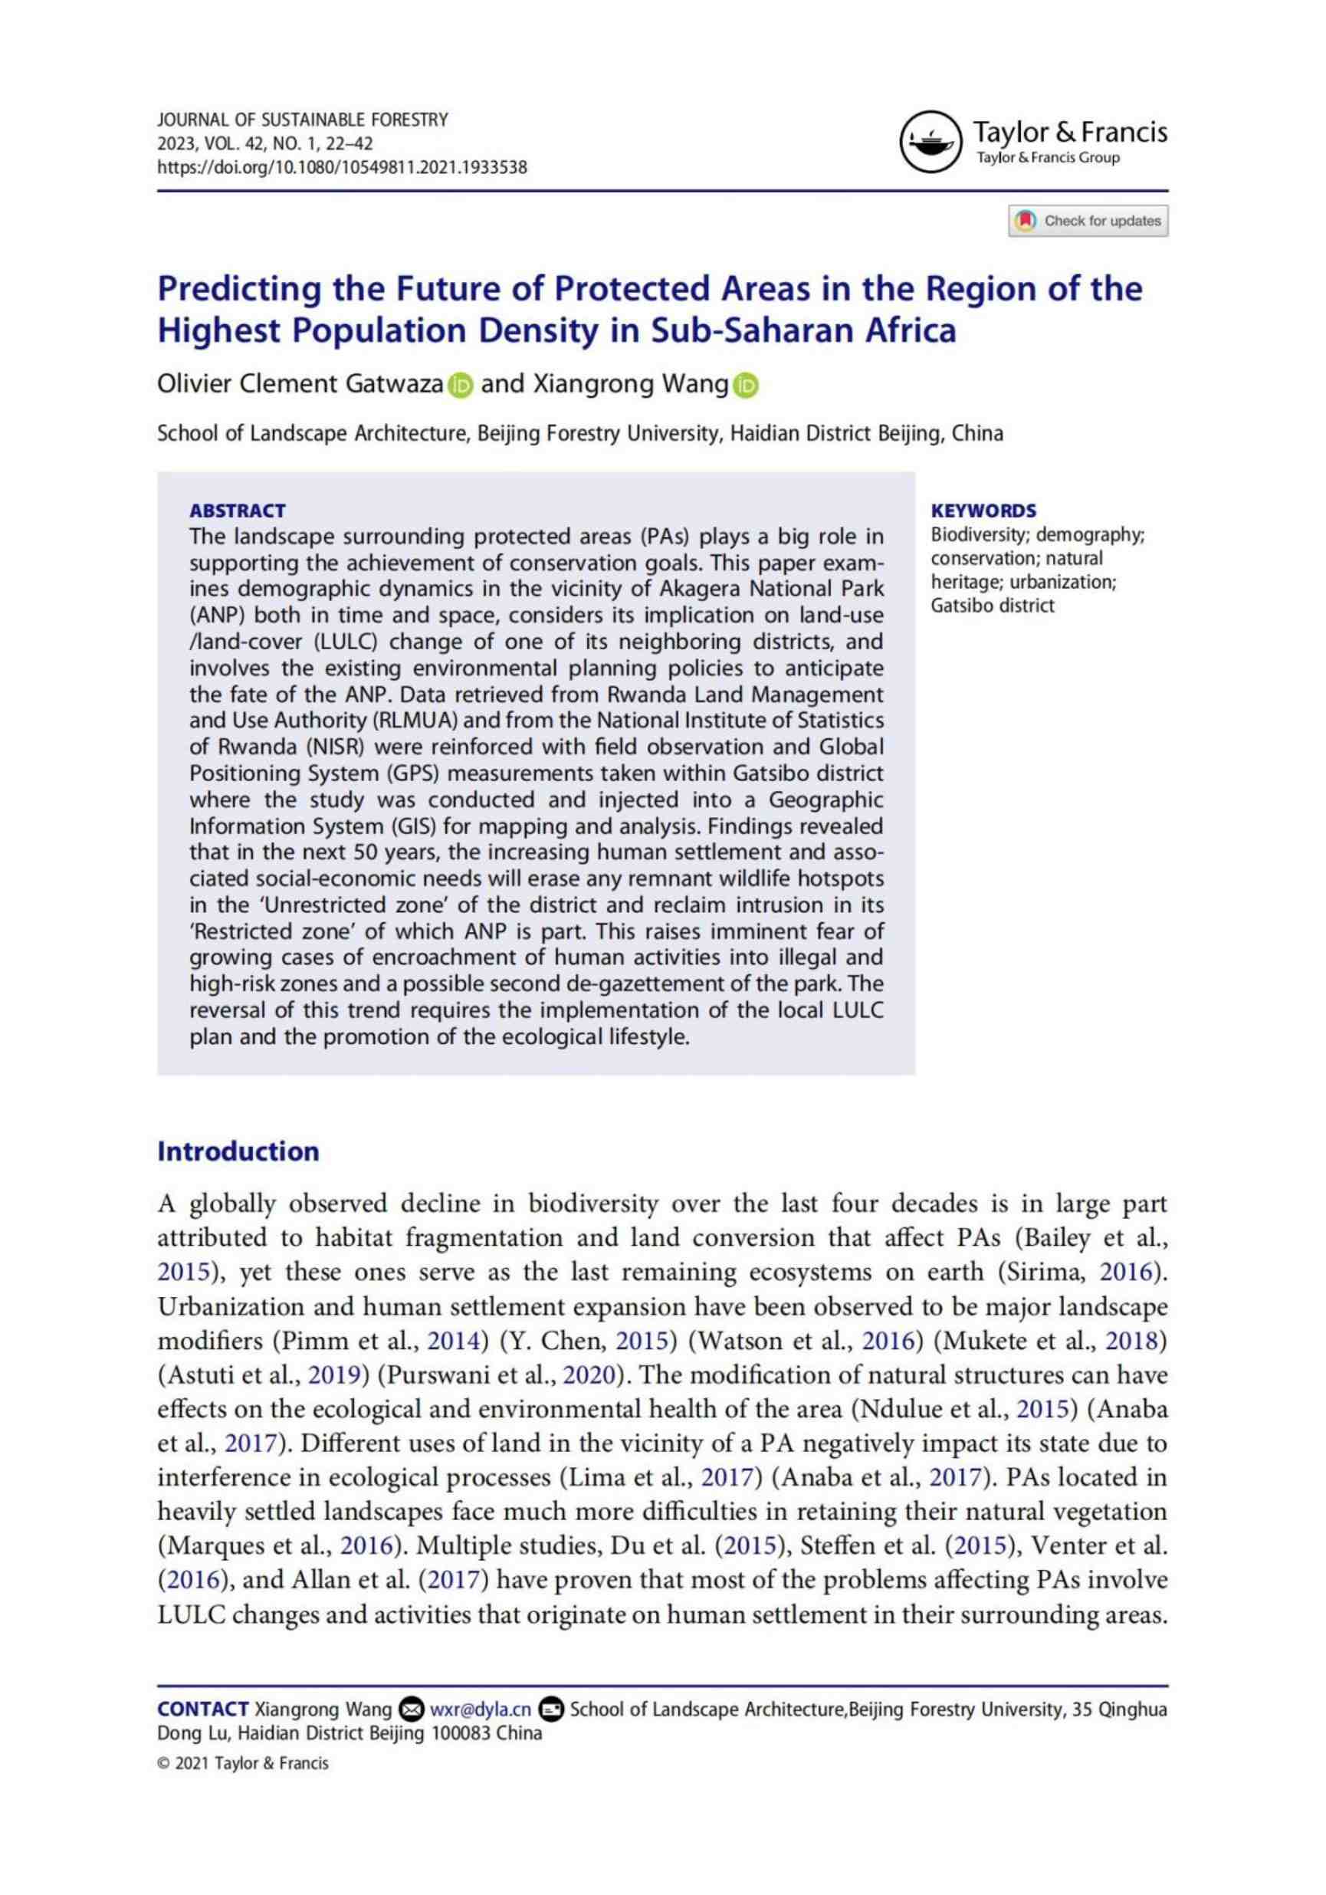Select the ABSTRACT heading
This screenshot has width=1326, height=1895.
pyautogui.click(x=238, y=510)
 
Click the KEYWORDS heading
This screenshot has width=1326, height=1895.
pyautogui.click(x=983, y=510)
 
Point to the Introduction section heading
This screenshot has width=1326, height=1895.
pyautogui.click(x=238, y=1151)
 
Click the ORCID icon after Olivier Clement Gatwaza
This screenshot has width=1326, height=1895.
pyautogui.click(x=461, y=386)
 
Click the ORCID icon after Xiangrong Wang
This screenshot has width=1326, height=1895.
pyautogui.click(x=745, y=386)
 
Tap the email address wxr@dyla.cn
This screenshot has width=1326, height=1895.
pyautogui.click(x=481, y=1709)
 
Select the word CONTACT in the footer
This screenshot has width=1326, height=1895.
pyautogui.click(x=203, y=1709)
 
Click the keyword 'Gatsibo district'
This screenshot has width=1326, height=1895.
pyautogui.click(x=993, y=605)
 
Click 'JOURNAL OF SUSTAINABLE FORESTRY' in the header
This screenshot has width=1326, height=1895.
pyautogui.click(x=302, y=120)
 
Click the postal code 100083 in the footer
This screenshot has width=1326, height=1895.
pyautogui.click(x=460, y=1732)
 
